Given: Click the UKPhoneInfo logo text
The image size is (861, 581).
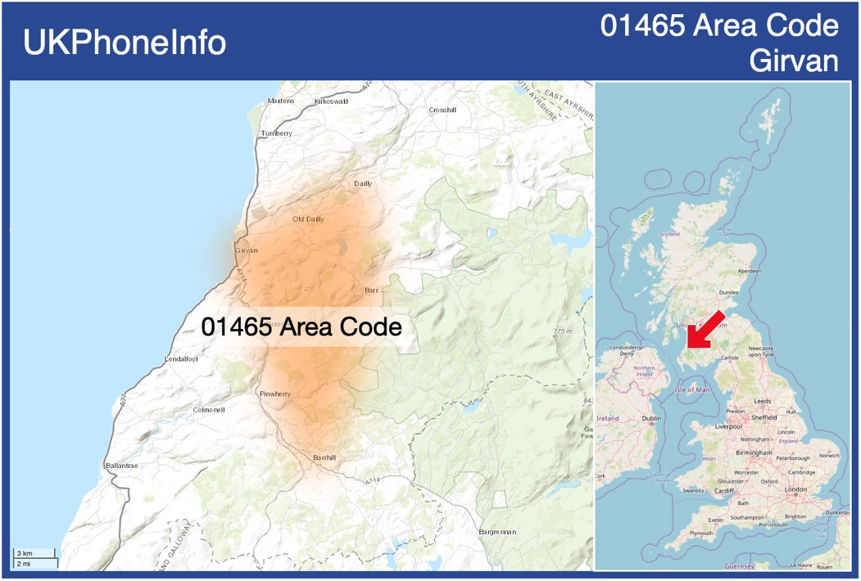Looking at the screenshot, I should point(125,43).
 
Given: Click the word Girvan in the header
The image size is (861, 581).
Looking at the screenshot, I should point(794,61).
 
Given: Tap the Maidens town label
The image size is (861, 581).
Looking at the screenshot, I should point(281,101).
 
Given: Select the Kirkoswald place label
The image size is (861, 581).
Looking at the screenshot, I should point(331,101).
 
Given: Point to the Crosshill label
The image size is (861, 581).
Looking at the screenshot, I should point(442,110).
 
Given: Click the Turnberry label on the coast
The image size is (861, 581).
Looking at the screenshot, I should point(276,133).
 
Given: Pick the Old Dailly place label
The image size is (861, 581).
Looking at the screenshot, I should point(308,219).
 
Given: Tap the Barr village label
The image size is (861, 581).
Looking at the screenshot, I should point(372,290).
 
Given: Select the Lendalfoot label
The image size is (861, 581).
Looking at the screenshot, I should point(181,359).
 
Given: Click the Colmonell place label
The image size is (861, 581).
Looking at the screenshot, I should point(208,409).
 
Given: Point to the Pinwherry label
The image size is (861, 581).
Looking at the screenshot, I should point(274,394).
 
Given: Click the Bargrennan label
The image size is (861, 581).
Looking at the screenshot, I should point(496,532).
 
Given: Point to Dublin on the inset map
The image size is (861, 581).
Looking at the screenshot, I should point(651,418).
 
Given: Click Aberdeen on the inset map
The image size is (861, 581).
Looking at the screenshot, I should point(749,270).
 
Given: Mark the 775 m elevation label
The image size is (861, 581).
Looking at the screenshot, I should point(563,331).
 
